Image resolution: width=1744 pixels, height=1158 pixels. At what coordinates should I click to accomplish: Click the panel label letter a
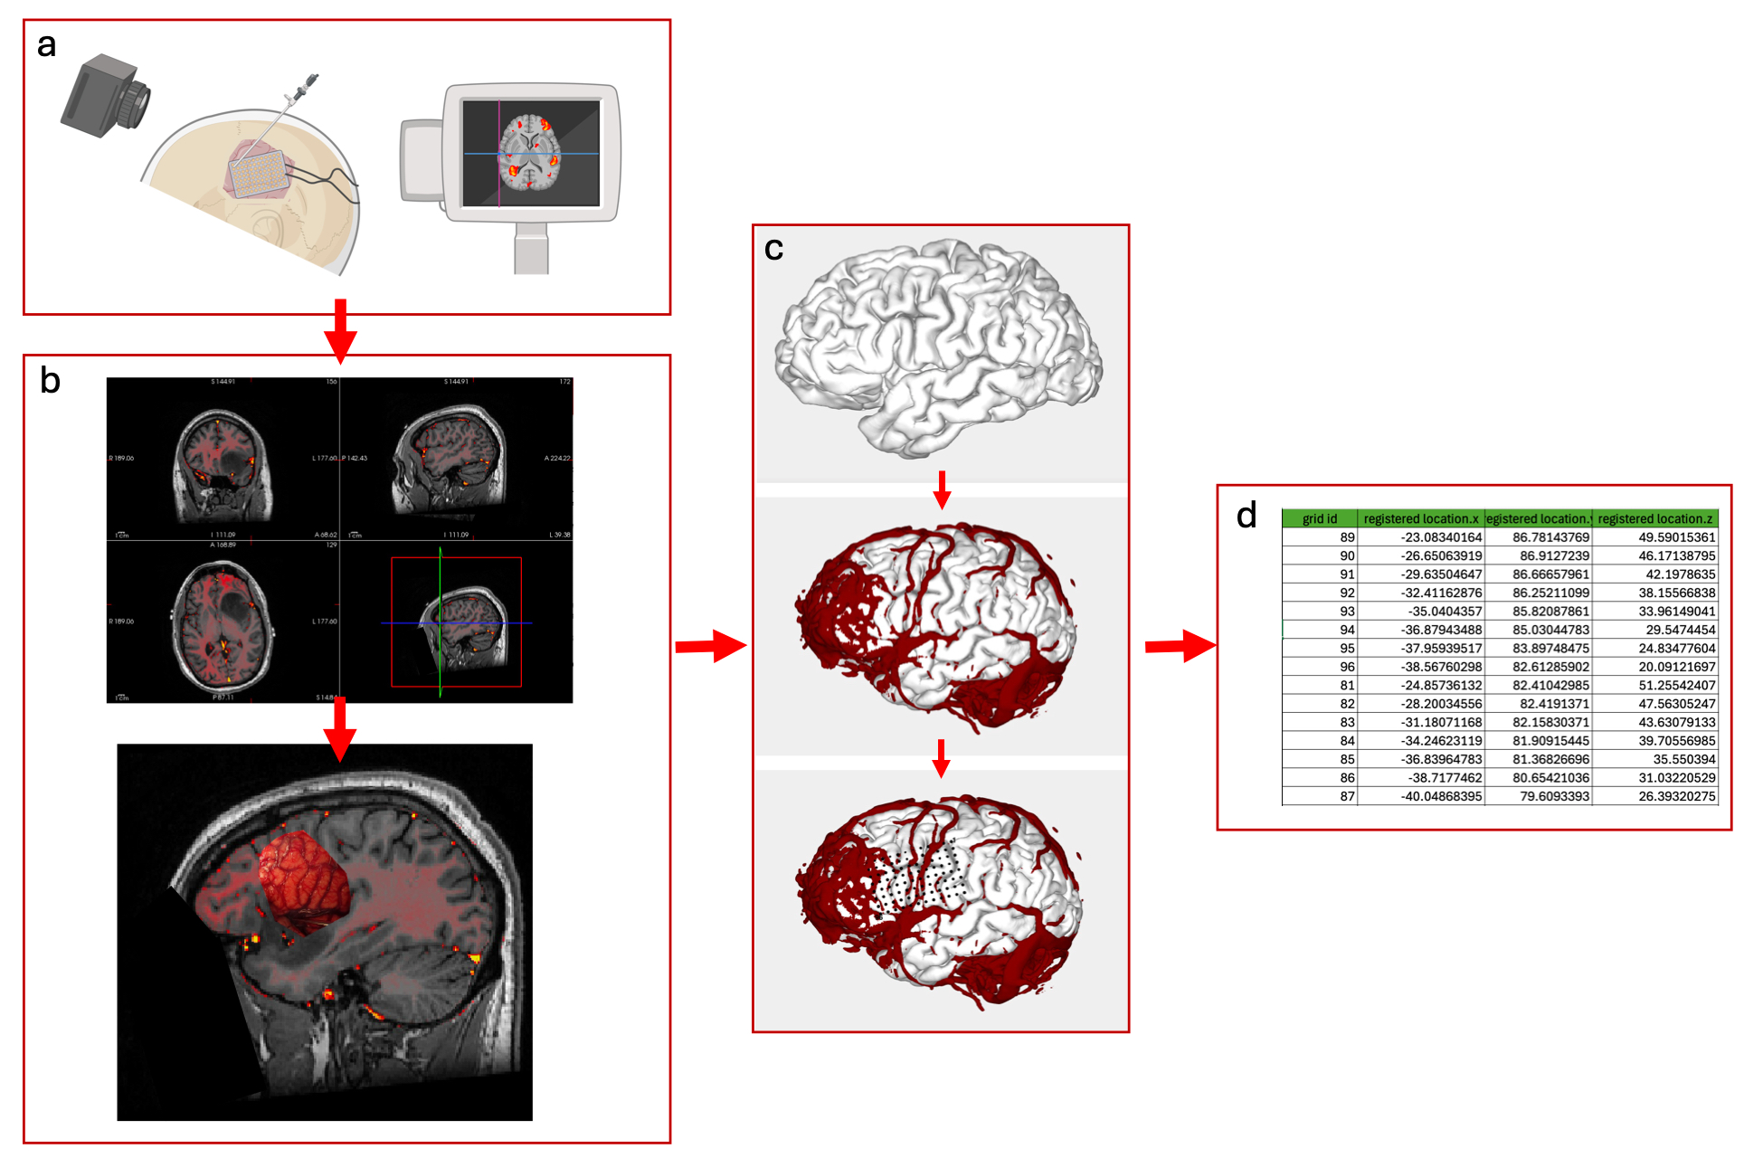tap(46, 45)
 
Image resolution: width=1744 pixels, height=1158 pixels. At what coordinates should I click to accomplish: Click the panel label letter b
tap(50, 381)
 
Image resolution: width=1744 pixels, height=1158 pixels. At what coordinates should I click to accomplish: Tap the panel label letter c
tap(773, 249)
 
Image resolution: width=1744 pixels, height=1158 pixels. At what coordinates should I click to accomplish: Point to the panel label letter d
tap(1246, 516)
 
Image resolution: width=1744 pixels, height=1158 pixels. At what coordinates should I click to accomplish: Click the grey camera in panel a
tap(105, 95)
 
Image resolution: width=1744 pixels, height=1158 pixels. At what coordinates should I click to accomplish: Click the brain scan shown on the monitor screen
tap(531, 152)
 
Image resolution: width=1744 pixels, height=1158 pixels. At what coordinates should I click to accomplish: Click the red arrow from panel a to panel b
tap(340, 332)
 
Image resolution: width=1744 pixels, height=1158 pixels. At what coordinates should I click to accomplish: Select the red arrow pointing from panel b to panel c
tap(711, 645)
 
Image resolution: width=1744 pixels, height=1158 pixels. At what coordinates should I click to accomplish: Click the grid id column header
tap(1319, 518)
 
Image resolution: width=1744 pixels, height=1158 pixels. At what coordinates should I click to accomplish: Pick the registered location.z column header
tap(1654, 518)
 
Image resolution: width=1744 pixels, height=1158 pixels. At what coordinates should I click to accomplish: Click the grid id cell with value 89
tap(1347, 537)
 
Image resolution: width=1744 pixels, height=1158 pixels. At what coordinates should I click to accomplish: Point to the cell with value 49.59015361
tap(1676, 537)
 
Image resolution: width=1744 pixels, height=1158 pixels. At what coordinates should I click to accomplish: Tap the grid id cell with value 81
tap(1347, 685)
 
